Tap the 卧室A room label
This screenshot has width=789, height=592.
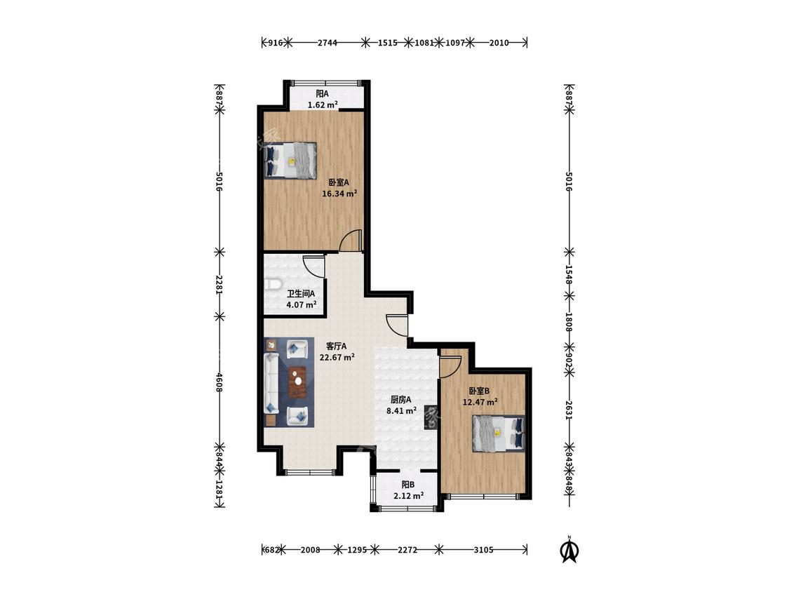tap(339, 182)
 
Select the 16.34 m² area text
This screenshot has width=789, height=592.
tap(339, 193)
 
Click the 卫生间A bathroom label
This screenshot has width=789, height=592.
tap(301, 293)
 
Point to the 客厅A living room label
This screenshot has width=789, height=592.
tap(336, 347)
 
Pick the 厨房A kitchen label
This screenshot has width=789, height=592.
tap(401, 400)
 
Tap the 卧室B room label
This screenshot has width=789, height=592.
tap(479, 391)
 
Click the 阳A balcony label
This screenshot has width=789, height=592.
tap(322, 93)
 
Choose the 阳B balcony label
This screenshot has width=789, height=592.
tap(408, 485)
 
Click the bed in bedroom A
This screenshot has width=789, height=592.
tap(291, 161)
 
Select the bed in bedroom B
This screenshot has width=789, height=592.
tap(498, 433)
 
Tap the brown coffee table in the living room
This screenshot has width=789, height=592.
tap(297, 382)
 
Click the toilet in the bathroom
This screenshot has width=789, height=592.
tap(272, 284)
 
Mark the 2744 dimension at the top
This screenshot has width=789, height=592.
tap(327, 43)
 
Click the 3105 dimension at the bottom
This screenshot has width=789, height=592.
tap(483, 550)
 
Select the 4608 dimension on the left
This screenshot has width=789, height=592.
tap(219, 382)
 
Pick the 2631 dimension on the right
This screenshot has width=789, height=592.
tap(569, 410)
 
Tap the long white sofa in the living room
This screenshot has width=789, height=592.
tap(271, 383)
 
